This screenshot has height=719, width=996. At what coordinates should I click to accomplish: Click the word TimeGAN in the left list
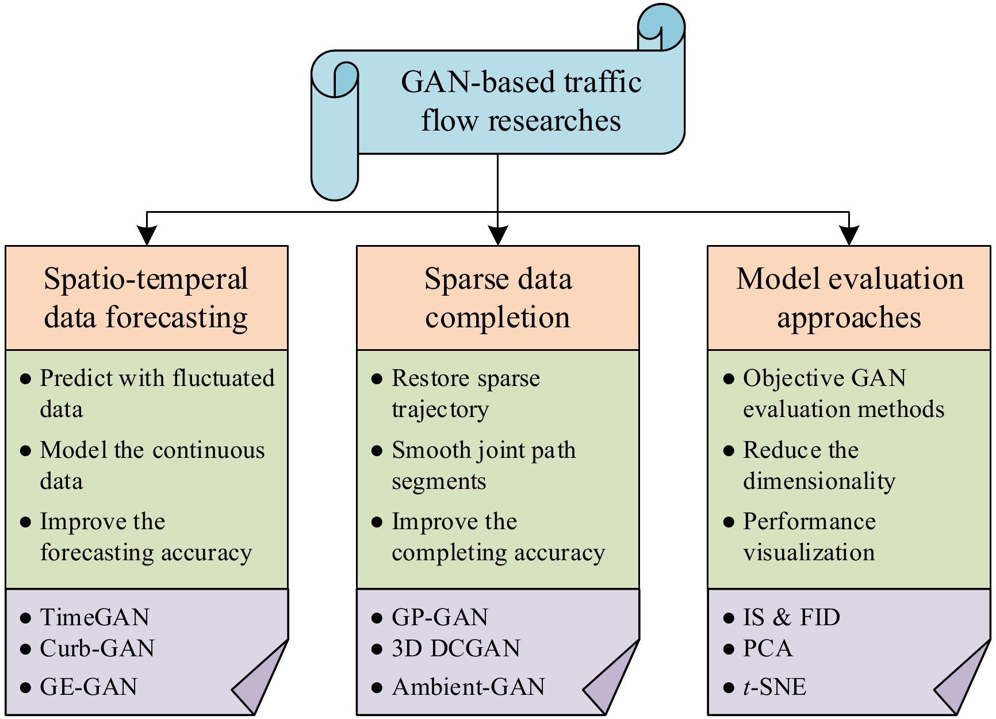[95, 617]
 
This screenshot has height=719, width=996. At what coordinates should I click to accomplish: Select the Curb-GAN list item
[97, 648]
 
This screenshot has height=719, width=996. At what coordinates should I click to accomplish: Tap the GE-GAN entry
[89, 687]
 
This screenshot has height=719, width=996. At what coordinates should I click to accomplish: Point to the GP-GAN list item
[440, 617]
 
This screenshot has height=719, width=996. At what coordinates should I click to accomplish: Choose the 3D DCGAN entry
[456, 648]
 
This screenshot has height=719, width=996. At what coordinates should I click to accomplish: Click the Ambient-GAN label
[469, 687]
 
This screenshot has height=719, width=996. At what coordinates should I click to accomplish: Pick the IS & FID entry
[791, 617]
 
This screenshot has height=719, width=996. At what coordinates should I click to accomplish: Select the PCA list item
[768, 648]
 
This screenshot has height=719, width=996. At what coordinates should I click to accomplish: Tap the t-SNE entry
[775, 687]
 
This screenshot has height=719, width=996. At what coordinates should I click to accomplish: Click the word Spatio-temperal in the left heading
[146, 279]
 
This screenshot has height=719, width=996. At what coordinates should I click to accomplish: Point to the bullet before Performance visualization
[729, 522]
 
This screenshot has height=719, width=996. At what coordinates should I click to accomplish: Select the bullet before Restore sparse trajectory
[377, 378]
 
